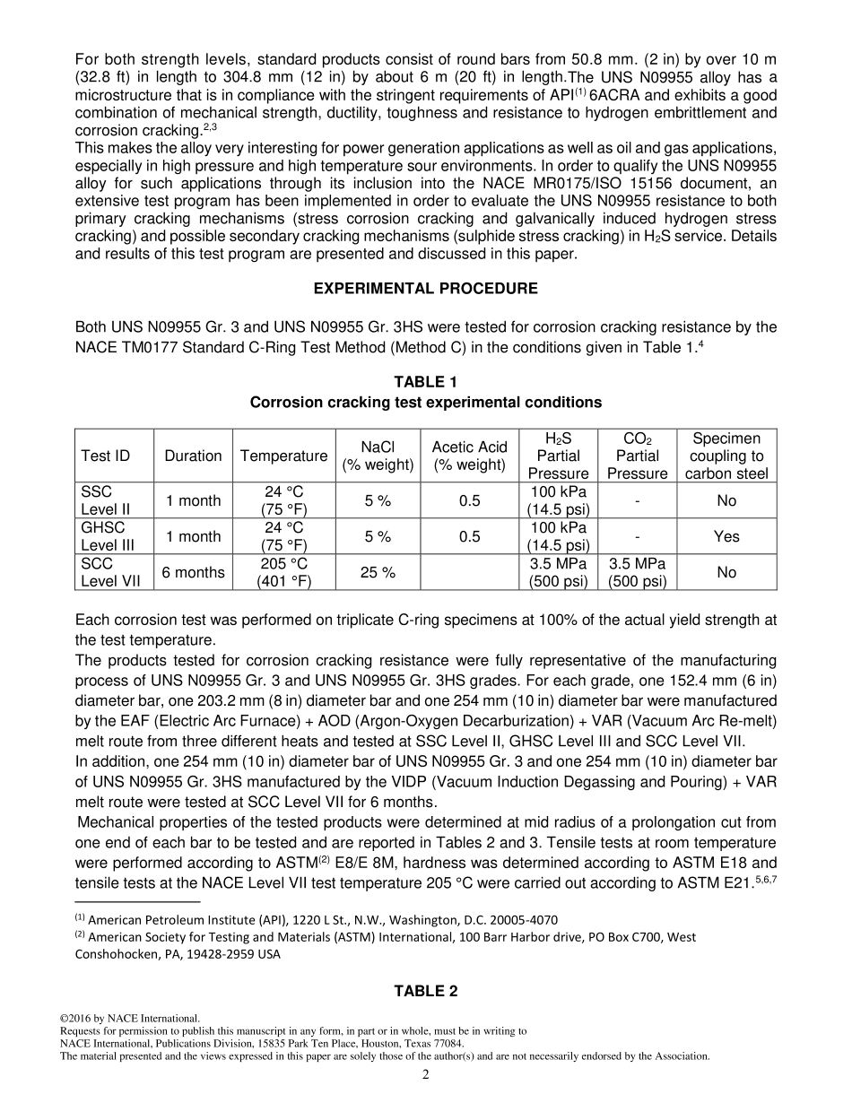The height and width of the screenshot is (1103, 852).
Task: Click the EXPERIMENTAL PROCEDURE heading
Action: [x=425, y=289]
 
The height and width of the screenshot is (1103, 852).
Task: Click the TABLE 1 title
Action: [x=425, y=382]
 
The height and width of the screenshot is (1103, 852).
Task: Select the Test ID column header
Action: [x=106, y=456]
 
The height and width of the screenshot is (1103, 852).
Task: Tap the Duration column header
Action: [x=193, y=456]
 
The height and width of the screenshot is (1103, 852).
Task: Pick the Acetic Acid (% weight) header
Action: [x=469, y=456]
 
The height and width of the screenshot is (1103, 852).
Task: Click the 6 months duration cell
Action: [x=193, y=572]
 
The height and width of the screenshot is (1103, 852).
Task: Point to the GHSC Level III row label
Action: [x=106, y=536]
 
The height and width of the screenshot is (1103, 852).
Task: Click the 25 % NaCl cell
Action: [x=378, y=572]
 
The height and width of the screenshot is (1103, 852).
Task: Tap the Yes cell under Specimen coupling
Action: [x=726, y=536]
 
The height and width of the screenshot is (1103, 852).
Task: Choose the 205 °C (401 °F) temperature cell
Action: [x=283, y=572]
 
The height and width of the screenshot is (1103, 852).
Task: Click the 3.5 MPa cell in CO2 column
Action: [x=637, y=564]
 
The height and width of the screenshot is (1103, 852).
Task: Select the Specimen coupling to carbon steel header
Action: [x=726, y=456]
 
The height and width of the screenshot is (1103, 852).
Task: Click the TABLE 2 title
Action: [x=425, y=991]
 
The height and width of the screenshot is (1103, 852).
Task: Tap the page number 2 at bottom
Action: [x=426, y=1075]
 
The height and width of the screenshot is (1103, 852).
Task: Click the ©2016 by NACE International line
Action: [x=130, y=1019]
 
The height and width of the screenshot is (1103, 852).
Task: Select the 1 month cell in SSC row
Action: [x=193, y=500]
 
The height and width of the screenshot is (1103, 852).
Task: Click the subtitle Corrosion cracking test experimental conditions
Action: [x=425, y=402]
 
